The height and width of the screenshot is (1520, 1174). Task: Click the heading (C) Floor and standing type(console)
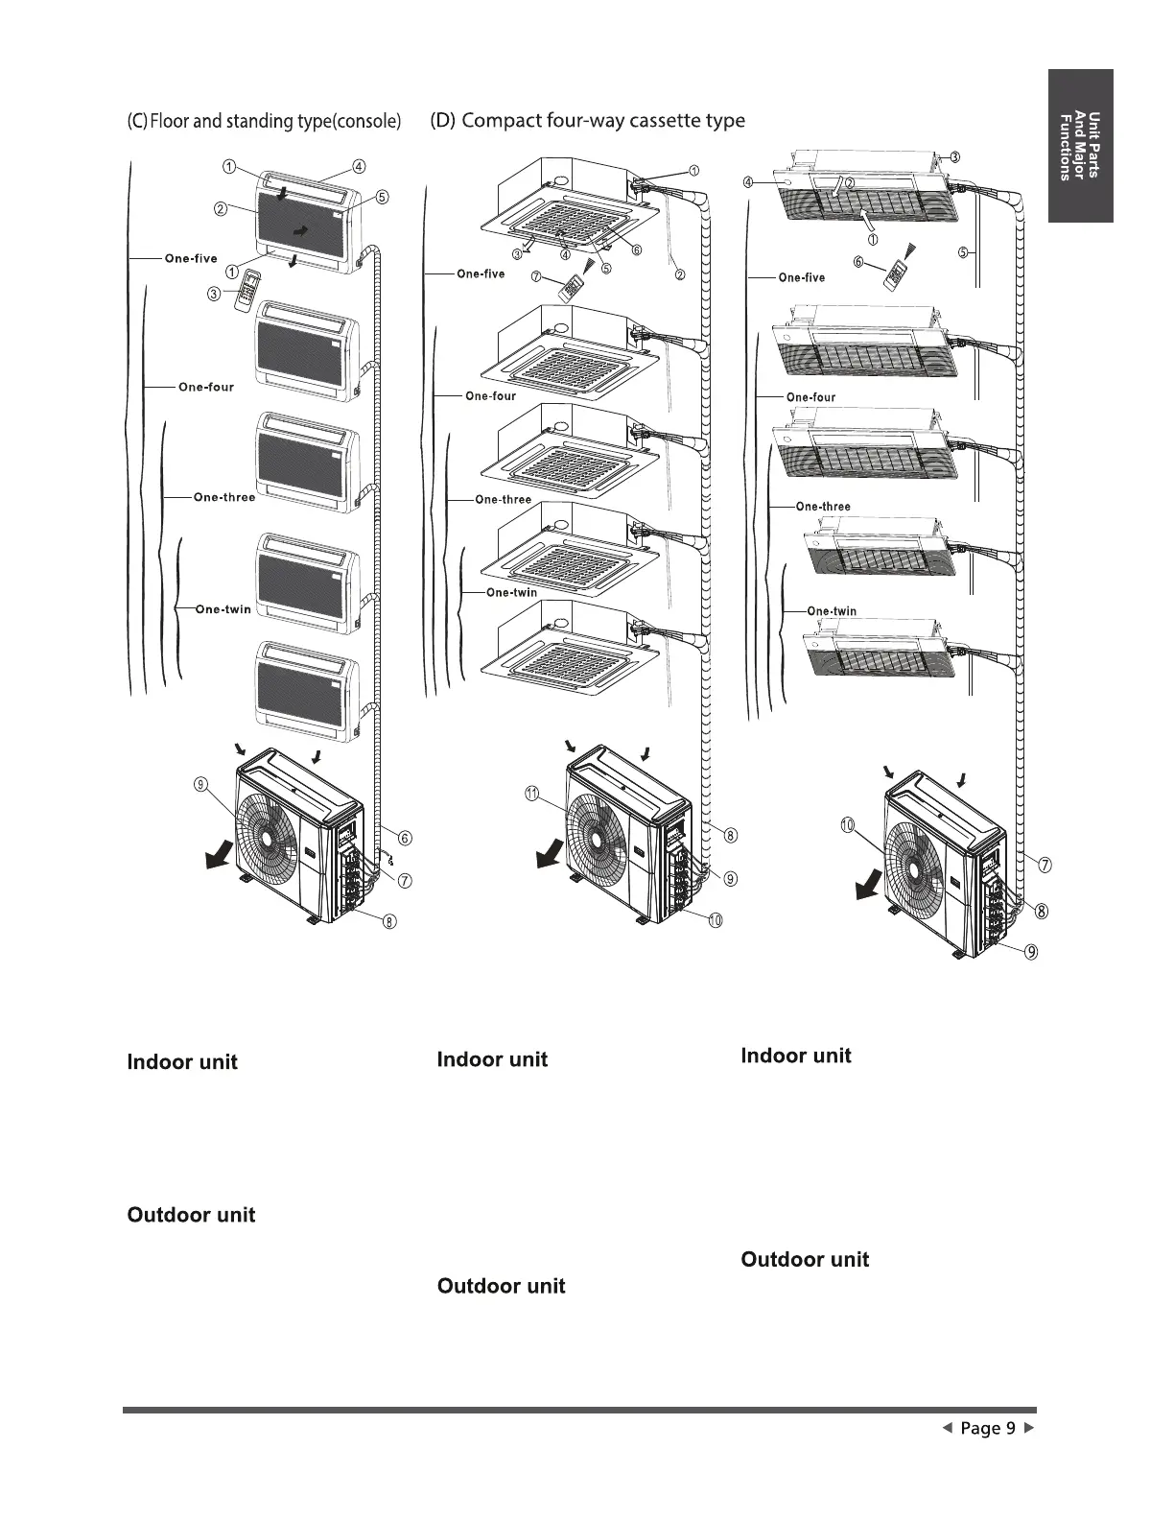coord(264,121)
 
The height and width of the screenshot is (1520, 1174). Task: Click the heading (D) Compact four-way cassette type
coord(587,120)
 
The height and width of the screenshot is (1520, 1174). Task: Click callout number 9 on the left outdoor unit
coord(200,785)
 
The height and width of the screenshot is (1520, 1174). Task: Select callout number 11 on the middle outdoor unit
coord(530,793)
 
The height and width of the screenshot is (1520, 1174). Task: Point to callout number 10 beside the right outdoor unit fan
coord(848,825)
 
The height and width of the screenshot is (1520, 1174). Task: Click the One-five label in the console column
coord(191,258)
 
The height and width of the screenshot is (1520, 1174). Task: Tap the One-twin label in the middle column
coord(511,592)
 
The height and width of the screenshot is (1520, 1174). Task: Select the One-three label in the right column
coord(823,506)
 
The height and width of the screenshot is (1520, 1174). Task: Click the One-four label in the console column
coord(205,387)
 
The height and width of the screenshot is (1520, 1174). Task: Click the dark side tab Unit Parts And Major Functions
coord(1080,146)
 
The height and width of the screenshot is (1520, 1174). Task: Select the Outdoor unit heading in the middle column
coord(501,1286)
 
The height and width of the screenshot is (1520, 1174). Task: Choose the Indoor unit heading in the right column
coord(795,1056)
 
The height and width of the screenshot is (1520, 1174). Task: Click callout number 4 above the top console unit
coord(358,165)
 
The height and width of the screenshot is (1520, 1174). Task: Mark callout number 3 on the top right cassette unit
coord(955,156)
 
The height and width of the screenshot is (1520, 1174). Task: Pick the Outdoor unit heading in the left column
coord(191,1215)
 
